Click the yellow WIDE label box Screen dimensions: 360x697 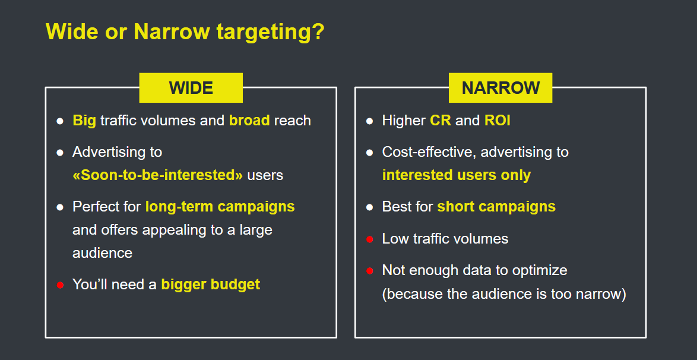coord(191,88)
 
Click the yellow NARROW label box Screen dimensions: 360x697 coord(500,88)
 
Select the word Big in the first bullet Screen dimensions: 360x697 coord(84,121)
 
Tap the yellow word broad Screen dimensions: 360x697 coord(249,121)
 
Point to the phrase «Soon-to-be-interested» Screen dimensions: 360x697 coord(157,175)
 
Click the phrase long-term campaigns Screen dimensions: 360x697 coord(220,207)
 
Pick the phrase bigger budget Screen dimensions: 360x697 coord(210,285)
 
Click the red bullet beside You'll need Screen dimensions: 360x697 coord(60,285)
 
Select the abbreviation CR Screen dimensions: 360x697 coord(440,121)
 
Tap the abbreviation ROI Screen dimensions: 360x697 coord(498,121)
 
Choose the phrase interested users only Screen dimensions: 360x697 coord(456,175)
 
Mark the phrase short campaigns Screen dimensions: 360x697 coord(496,207)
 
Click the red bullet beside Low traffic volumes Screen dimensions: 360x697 coord(369,239)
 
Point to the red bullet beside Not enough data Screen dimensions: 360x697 coord(369,271)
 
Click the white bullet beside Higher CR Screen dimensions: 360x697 coord(369,121)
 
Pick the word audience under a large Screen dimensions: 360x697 coord(102,253)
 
